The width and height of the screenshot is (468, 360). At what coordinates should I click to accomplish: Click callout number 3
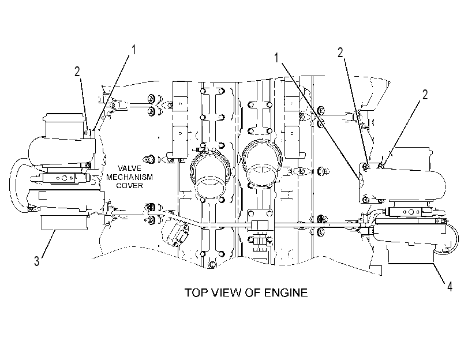(x=36, y=261)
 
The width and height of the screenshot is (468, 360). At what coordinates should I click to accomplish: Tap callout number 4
(x=450, y=287)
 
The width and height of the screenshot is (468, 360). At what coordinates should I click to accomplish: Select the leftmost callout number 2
(x=77, y=72)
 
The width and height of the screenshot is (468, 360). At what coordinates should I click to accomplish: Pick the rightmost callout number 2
(x=425, y=95)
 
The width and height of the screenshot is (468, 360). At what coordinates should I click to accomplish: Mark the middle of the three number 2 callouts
(x=340, y=53)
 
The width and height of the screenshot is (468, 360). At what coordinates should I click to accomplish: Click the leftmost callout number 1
(x=134, y=50)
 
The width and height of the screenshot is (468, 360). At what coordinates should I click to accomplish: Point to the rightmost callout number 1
(x=276, y=58)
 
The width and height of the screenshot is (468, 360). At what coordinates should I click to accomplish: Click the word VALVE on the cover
(x=129, y=168)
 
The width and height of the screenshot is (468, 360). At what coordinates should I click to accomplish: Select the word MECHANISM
(x=129, y=177)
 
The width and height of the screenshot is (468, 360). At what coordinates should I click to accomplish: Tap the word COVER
(x=129, y=185)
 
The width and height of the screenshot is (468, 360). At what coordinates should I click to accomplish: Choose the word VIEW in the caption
(x=227, y=292)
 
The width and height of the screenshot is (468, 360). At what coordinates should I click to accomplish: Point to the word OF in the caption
(x=253, y=292)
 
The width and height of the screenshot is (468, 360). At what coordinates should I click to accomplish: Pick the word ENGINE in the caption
(x=285, y=292)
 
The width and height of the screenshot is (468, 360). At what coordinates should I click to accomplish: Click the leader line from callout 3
(x=48, y=243)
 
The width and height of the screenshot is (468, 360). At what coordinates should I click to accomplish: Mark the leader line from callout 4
(x=440, y=273)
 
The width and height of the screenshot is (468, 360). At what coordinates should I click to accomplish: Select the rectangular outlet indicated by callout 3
(x=65, y=222)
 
